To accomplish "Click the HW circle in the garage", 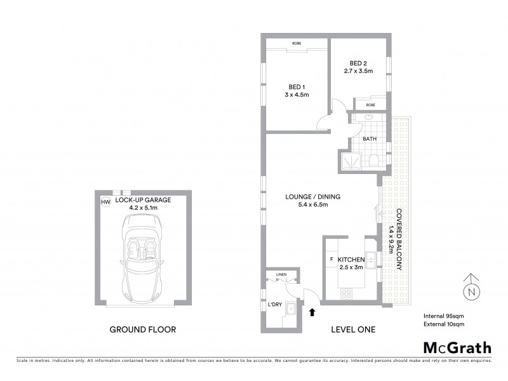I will (105, 202).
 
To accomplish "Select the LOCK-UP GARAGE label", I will (143, 199).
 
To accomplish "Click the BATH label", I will (370, 139).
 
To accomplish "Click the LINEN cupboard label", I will (281, 274).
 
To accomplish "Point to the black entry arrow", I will (311, 311).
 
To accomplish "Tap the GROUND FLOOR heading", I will (143, 330).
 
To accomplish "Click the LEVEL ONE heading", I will (354, 330).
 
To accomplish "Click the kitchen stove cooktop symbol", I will (347, 293).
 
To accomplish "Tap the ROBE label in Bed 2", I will (370, 105).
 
